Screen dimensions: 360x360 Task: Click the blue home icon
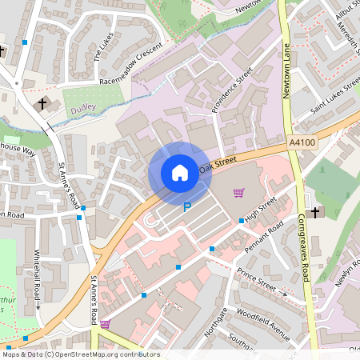coord(180,173)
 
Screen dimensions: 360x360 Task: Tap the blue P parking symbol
coord(187,207)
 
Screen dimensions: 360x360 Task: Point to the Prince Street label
coord(257,281)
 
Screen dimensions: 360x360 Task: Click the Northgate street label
coord(217,323)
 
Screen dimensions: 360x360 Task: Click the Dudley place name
coord(83,106)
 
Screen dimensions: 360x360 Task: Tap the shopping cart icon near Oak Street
coord(238,192)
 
